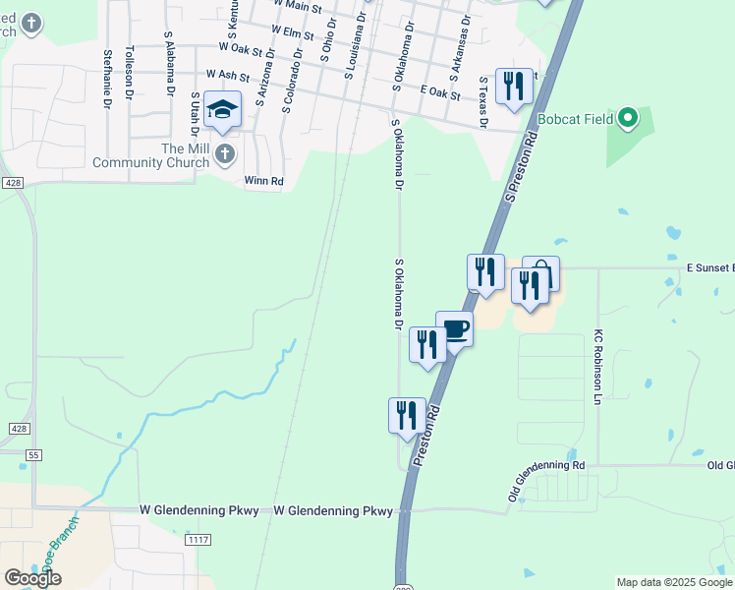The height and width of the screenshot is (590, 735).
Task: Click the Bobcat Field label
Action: tap(575, 120)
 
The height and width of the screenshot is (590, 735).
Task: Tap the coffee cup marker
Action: tap(454, 328)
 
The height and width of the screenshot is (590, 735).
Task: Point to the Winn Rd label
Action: tap(263, 181)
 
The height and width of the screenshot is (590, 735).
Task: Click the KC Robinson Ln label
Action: tap(595, 369)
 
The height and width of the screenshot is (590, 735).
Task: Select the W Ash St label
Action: tap(228, 75)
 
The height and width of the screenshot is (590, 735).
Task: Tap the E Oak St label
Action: tap(439, 91)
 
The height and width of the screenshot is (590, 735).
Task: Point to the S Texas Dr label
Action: tap(482, 102)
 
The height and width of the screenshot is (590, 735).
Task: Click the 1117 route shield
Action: tap(198, 540)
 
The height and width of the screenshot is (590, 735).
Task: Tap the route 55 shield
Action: tap(34, 455)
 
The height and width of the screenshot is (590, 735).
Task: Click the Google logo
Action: tap(32, 578)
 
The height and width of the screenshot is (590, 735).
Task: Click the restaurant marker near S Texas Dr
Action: tap(514, 87)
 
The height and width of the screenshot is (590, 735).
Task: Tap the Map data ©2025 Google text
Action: tap(674, 582)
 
